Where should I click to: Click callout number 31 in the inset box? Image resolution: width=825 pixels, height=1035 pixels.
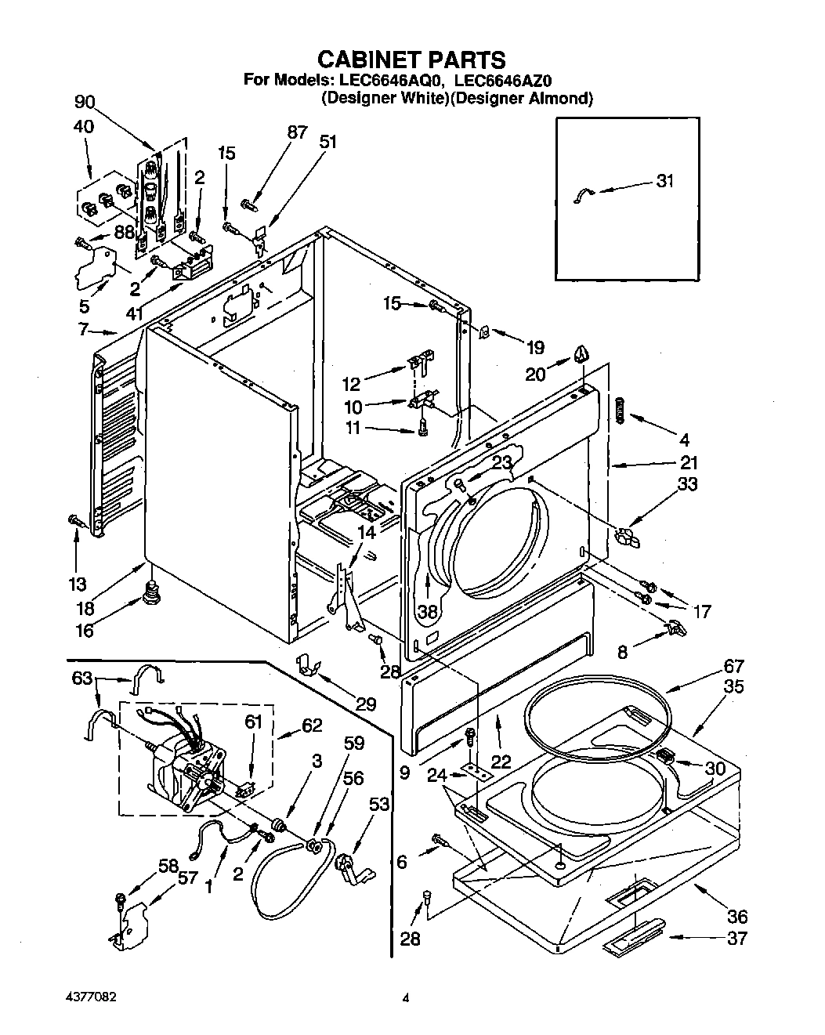pyautogui.click(x=664, y=181)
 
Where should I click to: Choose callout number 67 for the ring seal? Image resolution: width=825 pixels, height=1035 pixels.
pyautogui.click(x=733, y=667)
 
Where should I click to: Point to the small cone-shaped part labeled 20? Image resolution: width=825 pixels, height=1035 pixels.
pyautogui.click(x=581, y=355)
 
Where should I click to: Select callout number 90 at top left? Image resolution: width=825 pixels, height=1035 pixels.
pyautogui.click(x=85, y=102)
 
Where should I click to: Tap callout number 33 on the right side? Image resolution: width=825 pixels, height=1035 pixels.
pyautogui.click(x=686, y=485)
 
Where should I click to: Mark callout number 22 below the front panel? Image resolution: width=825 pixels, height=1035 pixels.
pyautogui.click(x=501, y=762)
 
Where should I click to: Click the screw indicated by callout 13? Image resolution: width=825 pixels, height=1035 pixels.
pyautogui.click(x=75, y=519)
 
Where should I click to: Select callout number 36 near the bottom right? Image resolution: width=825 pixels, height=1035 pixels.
pyautogui.click(x=736, y=915)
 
